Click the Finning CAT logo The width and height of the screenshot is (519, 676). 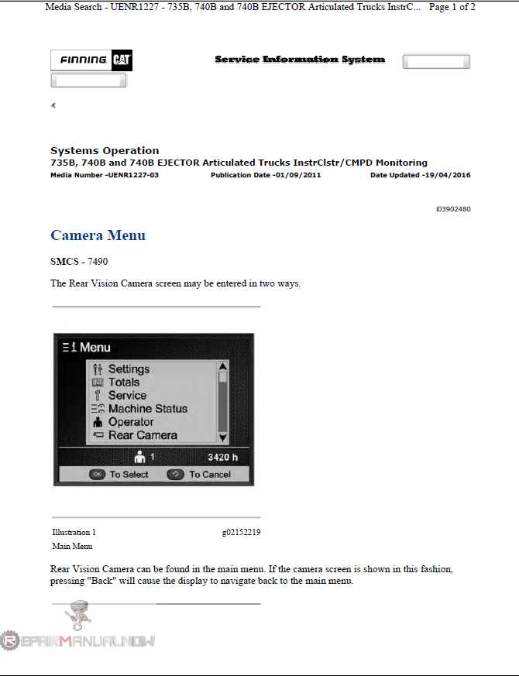click(x=91, y=60)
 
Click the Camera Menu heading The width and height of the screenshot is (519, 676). click(x=98, y=235)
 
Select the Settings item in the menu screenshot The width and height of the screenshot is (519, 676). click(x=129, y=369)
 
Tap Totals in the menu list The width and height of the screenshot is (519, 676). click(x=124, y=383)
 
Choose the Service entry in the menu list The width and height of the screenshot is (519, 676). click(x=127, y=396)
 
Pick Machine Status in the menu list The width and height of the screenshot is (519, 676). click(x=147, y=409)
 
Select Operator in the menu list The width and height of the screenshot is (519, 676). click(x=131, y=422)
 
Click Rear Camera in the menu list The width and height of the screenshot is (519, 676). click(x=143, y=435)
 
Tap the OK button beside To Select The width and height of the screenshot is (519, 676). click(x=97, y=475)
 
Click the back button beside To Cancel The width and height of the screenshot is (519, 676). click(x=175, y=475)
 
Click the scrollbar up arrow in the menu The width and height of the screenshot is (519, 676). click(x=223, y=366)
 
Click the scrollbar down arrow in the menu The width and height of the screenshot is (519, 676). click(x=223, y=438)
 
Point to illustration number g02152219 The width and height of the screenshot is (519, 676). click(x=241, y=533)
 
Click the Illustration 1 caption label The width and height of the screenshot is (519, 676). click(x=74, y=533)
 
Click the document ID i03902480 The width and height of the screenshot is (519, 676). click(x=453, y=209)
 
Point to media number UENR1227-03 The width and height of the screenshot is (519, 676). click(x=105, y=175)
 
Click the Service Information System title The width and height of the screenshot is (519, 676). click(x=300, y=60)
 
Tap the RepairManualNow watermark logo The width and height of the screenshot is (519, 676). click(x=77, y=640)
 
